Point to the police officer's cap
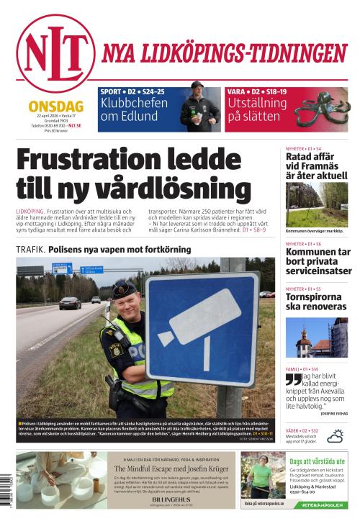(124, 291)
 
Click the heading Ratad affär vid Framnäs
(316, 166)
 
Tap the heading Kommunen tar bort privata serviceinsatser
(318, 262)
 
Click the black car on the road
(69, 303)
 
